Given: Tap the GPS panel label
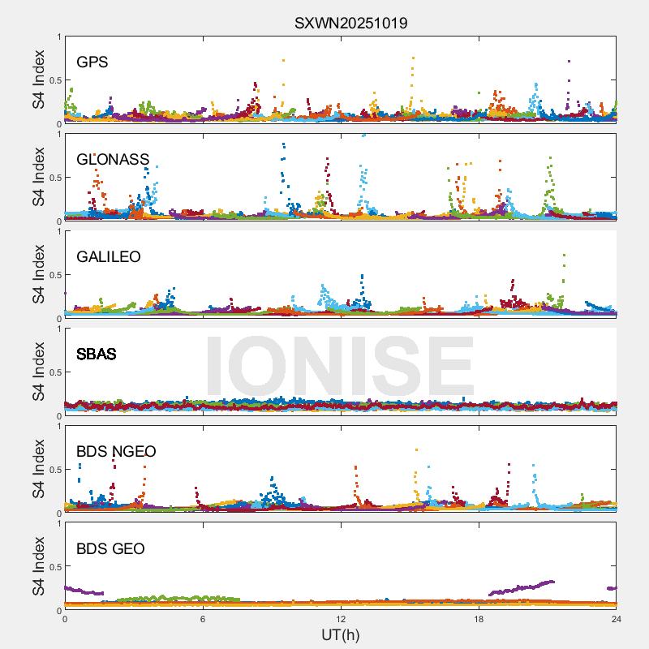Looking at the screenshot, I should tap(92, 62).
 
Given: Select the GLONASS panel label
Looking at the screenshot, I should tap(113, 159).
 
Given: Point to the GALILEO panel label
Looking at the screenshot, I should tap(109, 256).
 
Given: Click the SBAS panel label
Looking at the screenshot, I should tap(97, 354).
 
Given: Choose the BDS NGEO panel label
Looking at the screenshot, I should tap(116, 451).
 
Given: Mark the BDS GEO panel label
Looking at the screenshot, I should tap(110, 549).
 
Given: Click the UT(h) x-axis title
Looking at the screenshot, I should tap(340, 634).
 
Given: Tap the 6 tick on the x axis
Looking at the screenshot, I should tap(203, 619).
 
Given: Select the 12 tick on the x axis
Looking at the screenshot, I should tap(341, 619).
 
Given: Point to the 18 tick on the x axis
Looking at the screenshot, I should tap(479, 619).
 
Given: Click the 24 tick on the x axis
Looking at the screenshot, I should tap(617, 619).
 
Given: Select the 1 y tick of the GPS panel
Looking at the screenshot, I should tap(58, 37).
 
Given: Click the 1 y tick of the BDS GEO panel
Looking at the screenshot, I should tap(58, 523).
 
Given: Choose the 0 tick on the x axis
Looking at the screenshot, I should tap(65, 619).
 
